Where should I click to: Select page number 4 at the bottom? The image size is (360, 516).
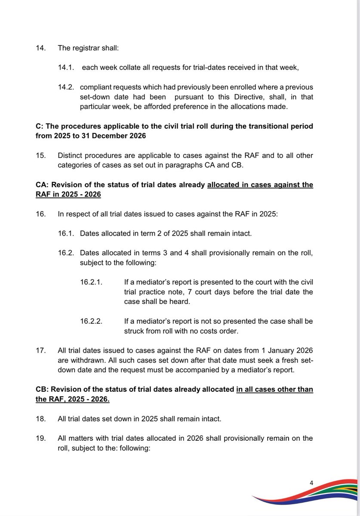311,483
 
